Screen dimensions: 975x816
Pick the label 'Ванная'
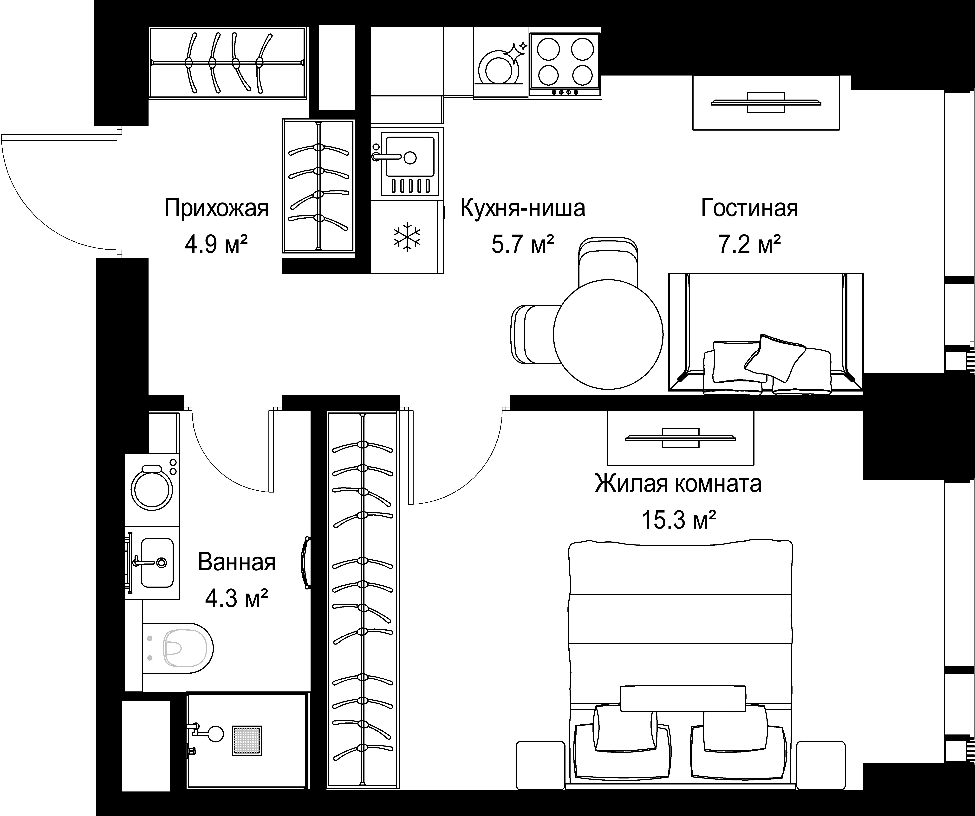[x=237, y=562]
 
